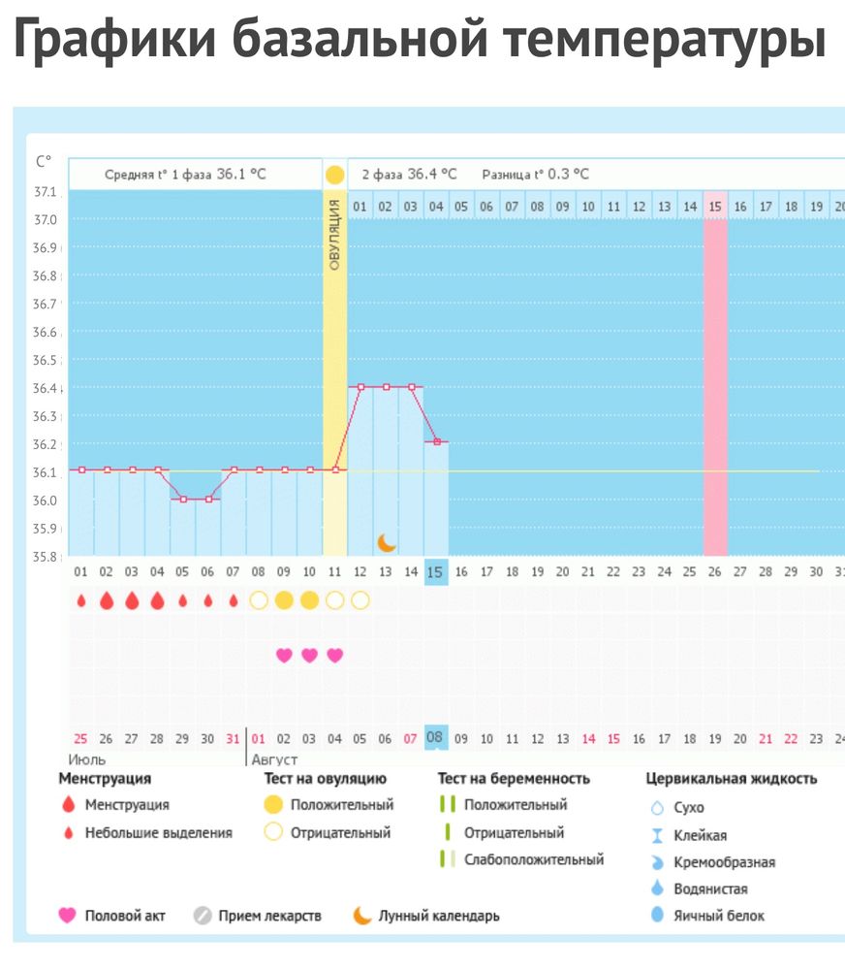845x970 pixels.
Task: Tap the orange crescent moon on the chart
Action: [x=387, y=541]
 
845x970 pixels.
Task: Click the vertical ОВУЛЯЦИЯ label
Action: [x=334, y=234]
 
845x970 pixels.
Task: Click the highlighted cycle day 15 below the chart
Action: [x=435, y=572]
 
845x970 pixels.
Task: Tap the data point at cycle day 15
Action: [x=436, y=441]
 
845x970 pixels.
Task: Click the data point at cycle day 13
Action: [x=386, y=386]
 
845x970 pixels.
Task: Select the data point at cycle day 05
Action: [x=183, y=499]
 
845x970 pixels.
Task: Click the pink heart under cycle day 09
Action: [x=284, y=655]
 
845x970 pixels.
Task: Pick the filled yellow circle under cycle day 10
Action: [x=309, y=600]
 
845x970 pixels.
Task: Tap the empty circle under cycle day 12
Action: [x=360, y=600]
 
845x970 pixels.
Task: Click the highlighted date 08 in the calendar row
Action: [x=435, y=738]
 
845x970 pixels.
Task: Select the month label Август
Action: [x=275, y=760]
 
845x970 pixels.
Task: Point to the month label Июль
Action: [x=87, y=760]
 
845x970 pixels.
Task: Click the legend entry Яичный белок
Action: [x=718, y=915]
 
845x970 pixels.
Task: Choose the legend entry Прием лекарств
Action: [x=269, y=915]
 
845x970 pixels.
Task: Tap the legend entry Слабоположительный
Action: [x=533, y=859]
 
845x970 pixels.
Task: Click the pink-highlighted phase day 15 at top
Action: [x=715, y=206]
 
